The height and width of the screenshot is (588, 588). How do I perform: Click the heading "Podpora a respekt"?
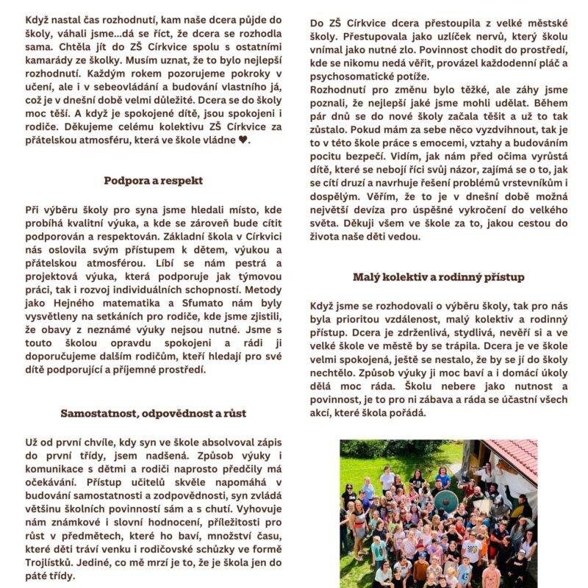153,180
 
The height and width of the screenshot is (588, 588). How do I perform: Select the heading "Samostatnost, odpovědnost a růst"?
153,413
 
